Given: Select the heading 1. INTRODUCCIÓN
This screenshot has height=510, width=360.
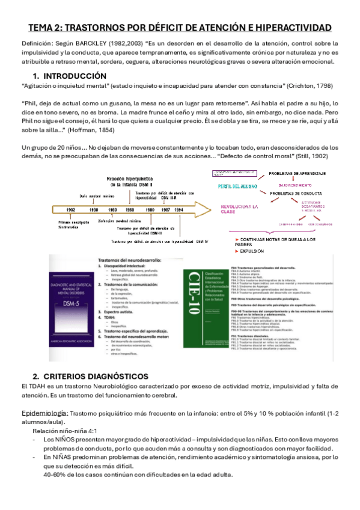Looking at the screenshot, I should click(70, 76).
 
